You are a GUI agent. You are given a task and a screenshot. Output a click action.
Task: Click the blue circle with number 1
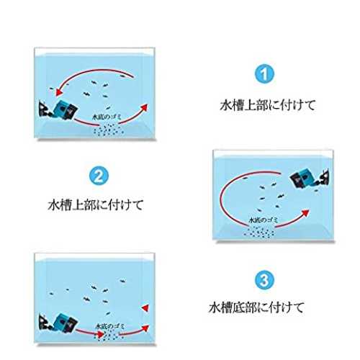(x=264, y=74)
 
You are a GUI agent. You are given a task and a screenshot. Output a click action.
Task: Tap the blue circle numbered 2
(x=99, y=176)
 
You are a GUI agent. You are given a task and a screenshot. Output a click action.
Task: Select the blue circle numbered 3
(x=264, y=280)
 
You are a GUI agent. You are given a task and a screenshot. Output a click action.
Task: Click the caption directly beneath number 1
(x=268, y=105)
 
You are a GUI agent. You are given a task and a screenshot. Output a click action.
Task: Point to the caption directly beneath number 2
(x=96, y=204)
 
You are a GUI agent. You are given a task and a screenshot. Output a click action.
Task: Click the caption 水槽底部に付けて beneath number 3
(x=256, y=307)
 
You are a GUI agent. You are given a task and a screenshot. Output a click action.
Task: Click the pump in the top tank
(x=58, y=111)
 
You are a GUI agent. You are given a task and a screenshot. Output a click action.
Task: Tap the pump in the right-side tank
(x=309, y=179)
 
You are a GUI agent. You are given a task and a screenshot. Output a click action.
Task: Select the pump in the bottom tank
(x=58, y=324)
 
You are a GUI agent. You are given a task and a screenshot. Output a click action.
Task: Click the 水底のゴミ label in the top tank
(x=107, y=117)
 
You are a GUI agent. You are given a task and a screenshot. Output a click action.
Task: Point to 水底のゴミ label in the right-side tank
(x=264, y=220)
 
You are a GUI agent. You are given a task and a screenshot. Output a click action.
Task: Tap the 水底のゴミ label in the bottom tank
(x=110, y=326)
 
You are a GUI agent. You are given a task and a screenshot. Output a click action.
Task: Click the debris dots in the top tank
(x=109, y=130)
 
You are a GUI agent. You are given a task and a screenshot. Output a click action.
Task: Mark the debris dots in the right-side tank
(x=259, y=233)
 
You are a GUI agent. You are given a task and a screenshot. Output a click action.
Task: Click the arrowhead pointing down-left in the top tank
(x=59, y=92)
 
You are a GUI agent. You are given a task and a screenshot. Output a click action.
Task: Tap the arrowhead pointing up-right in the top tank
(x=143, y=107)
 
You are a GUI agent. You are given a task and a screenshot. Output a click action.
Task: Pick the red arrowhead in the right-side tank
(x=305, y=213)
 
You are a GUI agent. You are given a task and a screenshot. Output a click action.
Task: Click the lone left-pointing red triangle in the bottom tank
(x=145, y=308)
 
